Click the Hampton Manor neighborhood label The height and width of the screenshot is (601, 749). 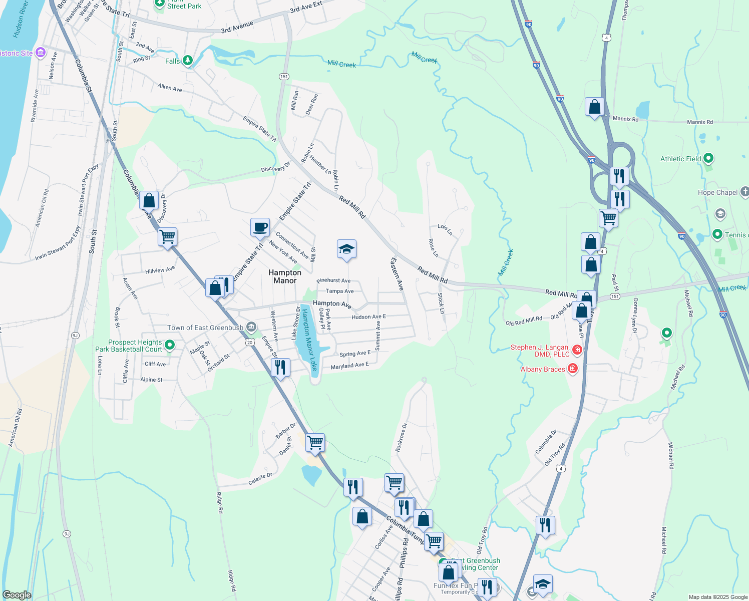point(285,276)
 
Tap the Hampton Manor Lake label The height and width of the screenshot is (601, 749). point(309,340)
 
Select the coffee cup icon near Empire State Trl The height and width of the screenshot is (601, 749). point(260,227)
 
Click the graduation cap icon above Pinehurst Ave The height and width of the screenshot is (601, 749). point(346,249)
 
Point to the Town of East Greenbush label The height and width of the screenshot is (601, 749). point(205,328)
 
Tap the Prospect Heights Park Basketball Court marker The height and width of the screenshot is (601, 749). point(170,345)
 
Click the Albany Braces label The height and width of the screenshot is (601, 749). point(543,369)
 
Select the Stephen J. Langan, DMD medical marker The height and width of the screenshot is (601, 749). point(577,350)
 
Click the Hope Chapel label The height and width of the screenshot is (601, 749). point(717,192)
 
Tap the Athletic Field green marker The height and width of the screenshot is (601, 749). point(708,159)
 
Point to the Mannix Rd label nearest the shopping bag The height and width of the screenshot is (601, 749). point(625,119)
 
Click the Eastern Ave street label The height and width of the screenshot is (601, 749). point(397,274)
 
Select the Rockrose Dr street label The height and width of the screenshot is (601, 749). point(401,437)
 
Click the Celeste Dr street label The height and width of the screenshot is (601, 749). point(260,479)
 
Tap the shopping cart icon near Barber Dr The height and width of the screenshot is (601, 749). point(315,442)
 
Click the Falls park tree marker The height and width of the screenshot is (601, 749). point(187,61)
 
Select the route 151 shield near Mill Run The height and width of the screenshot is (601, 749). point(284,76)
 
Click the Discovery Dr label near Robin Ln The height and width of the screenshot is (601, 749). point(275,167)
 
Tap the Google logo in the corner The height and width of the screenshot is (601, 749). point(17,594)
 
